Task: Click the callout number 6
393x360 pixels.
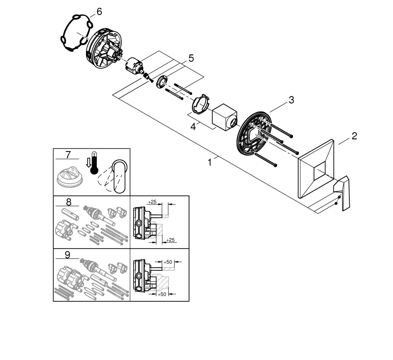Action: [x=99, y=12]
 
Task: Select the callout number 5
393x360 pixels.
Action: [x=191, y=59]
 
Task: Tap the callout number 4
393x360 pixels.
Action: [x=193, y=127]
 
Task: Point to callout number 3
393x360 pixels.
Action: [x=291, y=100]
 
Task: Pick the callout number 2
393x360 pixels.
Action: [x=354, y=136]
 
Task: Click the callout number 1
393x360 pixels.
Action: [x=210, y=162]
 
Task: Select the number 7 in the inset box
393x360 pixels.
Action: [x=68, y=155]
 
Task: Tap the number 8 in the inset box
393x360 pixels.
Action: [x=68, y=202]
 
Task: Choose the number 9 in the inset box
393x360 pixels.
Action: [x=67, y=255]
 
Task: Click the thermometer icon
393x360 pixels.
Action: [x=94, y=163]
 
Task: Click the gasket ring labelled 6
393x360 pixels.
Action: [x=76, y=34]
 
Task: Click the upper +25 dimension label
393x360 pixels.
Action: [x=152, y=202]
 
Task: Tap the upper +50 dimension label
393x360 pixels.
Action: [x=168, y=261]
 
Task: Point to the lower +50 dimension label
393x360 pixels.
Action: [x=162, y=294]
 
